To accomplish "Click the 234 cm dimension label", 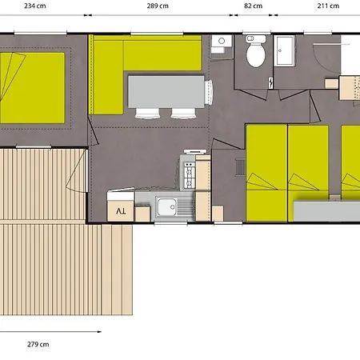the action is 35,6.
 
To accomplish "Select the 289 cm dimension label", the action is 158,6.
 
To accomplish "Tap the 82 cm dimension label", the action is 253,6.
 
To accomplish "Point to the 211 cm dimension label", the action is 328,6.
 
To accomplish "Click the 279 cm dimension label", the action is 38,344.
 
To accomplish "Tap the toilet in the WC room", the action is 256,51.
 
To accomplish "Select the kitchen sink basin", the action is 166,207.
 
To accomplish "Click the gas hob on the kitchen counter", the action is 190,175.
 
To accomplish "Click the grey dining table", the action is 166,92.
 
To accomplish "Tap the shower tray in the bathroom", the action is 285,50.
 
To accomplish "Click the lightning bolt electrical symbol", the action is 270,83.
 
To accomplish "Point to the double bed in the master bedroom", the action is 33,88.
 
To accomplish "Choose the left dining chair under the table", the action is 147,113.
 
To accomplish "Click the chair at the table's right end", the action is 209,92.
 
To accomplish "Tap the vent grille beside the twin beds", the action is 241,167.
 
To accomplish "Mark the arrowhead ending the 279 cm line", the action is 99,332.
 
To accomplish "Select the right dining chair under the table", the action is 184,113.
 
